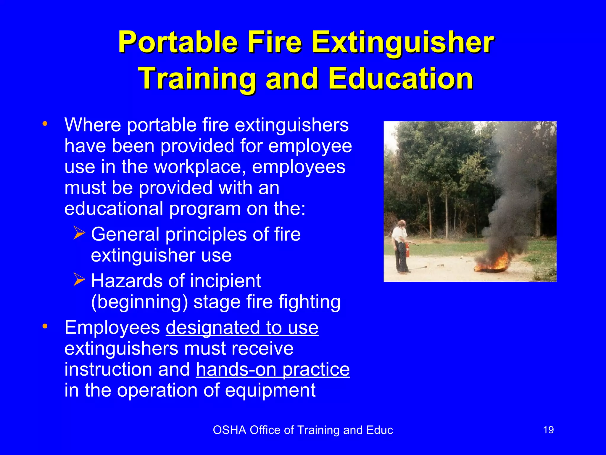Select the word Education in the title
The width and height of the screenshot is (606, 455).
(401, 78)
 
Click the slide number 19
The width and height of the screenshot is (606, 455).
(548, 430)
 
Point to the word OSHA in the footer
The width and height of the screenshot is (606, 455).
(229, 430)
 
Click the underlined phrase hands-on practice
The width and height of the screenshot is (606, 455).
(273, 369)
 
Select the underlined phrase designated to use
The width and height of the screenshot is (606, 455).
(242, 328)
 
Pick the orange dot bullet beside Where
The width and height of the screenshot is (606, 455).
(45, 124)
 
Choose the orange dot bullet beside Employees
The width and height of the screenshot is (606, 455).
(45, 326)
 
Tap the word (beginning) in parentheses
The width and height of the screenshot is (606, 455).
(139, 302)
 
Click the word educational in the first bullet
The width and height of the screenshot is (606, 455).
(114, 209)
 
